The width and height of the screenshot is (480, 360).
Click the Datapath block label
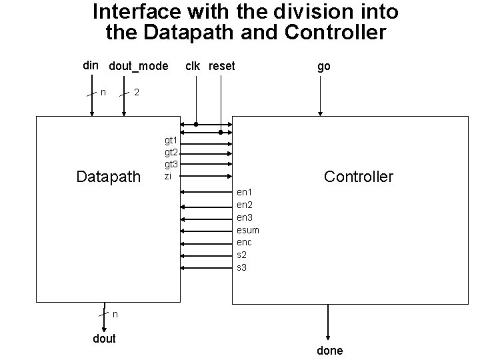click(x=109, y=177)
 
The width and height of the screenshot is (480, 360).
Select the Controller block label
click(x=358, y=177)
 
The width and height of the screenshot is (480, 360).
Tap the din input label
click(x=91, y=66)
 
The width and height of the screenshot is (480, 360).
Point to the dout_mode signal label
click(x=138, y=67)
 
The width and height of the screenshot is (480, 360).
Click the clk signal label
click(x=193, y=66)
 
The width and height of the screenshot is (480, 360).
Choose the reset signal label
click(x=222, y=66)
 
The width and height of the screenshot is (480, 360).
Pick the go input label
click(x=323, y=66)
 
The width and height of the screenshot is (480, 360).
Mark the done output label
click(x=329, y=351)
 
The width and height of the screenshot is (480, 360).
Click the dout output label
click(x=104, y=339)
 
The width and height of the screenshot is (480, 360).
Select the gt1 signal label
click(x=171, y=140)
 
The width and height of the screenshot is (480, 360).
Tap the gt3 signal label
click(x=171, y=164)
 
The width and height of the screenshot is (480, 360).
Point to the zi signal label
click(x=168, y=176)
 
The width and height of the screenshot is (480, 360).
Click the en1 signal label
click(x=245, y=193)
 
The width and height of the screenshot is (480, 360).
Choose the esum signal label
click(x=248, y=230)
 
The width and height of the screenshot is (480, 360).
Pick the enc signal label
click(x=245, y=242)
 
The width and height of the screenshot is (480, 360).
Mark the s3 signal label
click(x=242, y=267)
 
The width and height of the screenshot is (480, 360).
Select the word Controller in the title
click(x=336, y=33)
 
